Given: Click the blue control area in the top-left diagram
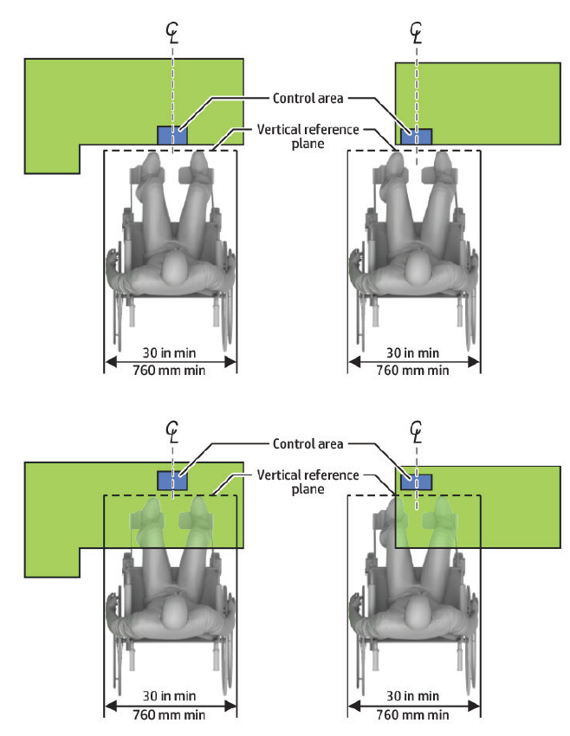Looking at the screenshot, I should (171, 136).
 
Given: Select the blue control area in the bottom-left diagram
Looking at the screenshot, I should (171, 479).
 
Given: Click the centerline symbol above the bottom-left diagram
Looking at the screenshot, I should (173, 431).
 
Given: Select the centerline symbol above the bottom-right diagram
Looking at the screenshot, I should (417, 431).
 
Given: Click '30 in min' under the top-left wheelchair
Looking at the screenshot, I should (171, 352).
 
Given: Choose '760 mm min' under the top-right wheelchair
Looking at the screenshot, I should (414, 371).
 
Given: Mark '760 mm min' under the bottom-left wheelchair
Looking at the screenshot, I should (171, 714).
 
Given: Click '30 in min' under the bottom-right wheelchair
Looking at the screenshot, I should (414, 696).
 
